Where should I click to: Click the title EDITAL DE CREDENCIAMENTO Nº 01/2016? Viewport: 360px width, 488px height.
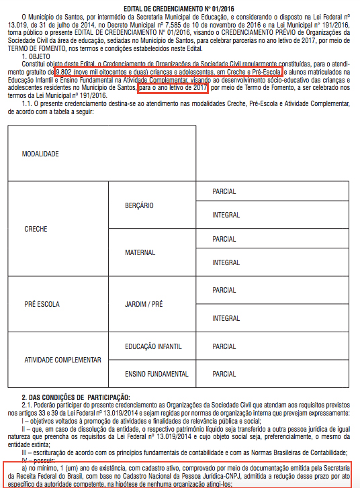[x=181, y=7]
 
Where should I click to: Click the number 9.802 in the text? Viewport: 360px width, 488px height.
[x=66, y=71]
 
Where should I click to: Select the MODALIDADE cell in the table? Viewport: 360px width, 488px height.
[x=41, y=154]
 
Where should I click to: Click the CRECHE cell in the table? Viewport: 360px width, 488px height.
[x=36, y=229]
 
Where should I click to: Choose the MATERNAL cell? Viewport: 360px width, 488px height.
[x=140, y=253]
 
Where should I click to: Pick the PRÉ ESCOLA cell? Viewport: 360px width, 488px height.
[x=42, y=304]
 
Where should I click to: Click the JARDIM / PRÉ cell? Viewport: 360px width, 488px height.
[x=144, y=304]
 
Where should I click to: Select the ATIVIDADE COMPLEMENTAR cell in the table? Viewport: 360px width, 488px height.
[x=63, y=359]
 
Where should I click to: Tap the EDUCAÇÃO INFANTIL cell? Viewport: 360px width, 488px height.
[x=154, y=346]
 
